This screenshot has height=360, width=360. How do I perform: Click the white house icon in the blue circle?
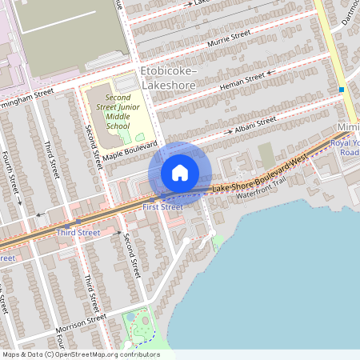point(180,173)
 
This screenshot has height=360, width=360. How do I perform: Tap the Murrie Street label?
point(229,38)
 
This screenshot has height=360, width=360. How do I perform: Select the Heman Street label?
point(242,79)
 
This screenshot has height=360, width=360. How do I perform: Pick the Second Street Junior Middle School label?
point(118,111)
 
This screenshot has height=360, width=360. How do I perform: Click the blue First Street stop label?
point(162,207)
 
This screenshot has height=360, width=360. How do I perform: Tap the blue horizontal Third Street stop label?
point(78,233)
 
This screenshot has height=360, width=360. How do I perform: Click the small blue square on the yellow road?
point(342,90)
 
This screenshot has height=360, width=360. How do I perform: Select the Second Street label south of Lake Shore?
point(131,256)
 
